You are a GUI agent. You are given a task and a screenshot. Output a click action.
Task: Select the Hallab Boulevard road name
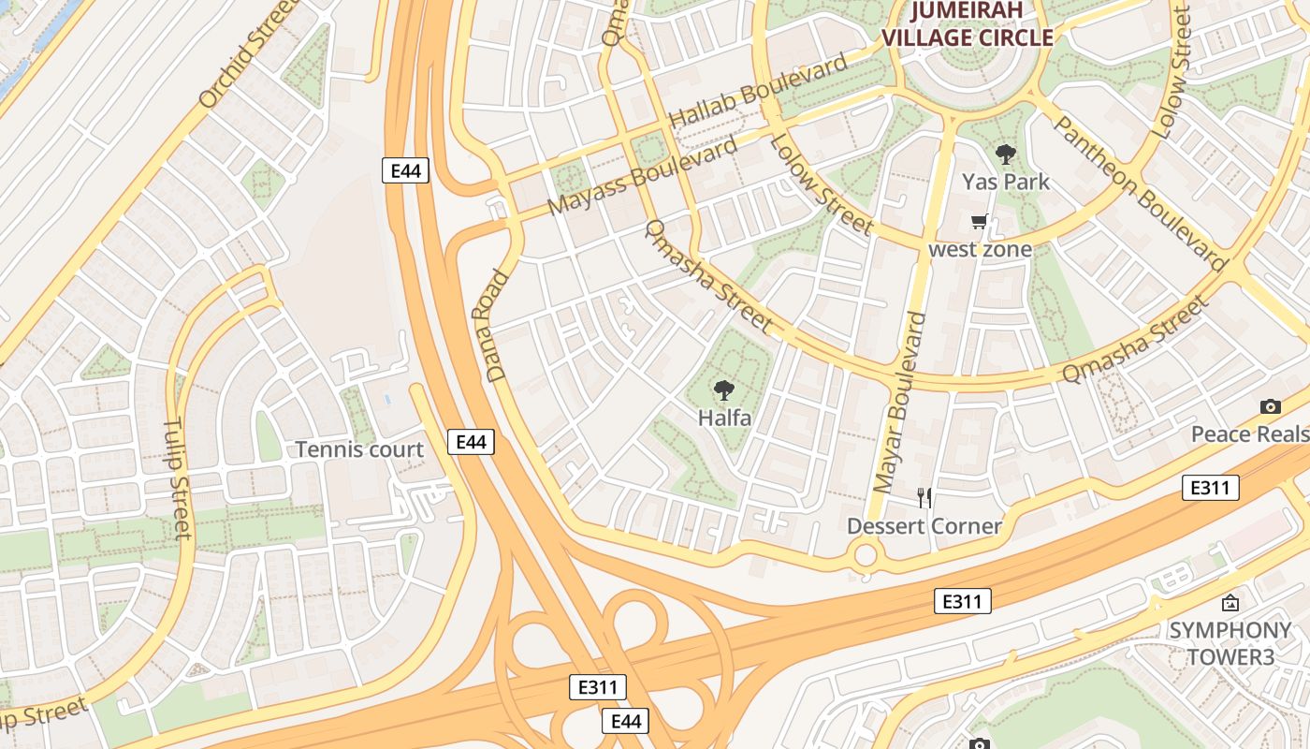[x=759, y=92]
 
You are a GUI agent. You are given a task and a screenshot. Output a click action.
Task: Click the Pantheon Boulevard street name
[x=1140, y=194]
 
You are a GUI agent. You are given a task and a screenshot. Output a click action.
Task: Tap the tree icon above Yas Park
[x=1006, y=154]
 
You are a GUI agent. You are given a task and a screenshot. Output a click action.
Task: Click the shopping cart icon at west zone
[x=980, y=222]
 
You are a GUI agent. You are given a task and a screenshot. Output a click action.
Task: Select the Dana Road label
[x=497, y=326]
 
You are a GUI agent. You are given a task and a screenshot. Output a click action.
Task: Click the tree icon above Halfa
[x=723, y=390]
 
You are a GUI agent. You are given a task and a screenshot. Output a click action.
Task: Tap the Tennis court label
[x=359, y=449]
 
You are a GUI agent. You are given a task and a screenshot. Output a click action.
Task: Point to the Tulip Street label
[x=178, y=478]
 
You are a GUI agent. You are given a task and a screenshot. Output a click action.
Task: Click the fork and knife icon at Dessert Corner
[x=924, y=497]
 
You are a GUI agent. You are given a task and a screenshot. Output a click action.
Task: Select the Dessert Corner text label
[x=924, y=526]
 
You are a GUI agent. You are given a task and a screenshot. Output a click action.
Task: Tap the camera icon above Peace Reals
[x=1270, y=406]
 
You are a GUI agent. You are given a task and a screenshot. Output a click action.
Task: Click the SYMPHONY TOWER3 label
[x=1230, y=643]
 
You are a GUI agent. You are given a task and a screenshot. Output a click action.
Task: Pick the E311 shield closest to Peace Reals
[x=1210, y=488]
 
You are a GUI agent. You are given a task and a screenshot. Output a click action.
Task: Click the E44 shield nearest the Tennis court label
[x=470, y=442]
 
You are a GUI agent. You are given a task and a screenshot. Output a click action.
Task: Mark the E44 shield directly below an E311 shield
[x=624, y=721]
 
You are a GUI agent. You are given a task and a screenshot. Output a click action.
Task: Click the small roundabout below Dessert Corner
[x=866, y=555]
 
